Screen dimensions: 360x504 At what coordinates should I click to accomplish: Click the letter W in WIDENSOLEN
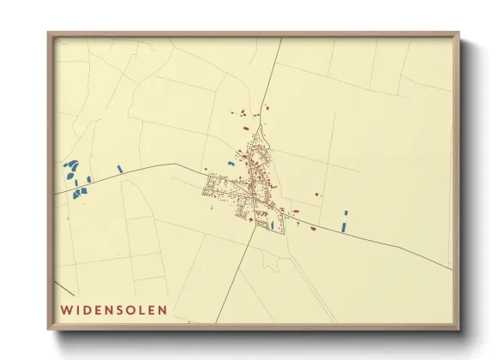pyautogui.click(x=65, y=308)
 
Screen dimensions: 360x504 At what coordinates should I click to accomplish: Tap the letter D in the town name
pyautogui.click(x=90, y=308)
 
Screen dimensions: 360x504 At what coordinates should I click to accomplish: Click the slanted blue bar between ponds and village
pyautogui.click(x=120, y=169)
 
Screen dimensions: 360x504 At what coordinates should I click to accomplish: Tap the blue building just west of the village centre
pyautogui.click(x=230, y=163)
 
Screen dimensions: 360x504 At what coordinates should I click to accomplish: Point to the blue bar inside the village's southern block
pyautogui.click(x=273, y=225)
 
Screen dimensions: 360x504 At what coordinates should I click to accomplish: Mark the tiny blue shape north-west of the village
pyautogui.click(x=232, y=112)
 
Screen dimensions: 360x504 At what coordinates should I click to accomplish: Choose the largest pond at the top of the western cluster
pyautogui.click(x=71, y=164)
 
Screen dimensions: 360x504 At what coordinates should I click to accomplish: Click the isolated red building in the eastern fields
pyautogui.click(x=318, y=195)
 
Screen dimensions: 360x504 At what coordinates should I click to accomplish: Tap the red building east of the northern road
pyautogui.click(x=267, y=108)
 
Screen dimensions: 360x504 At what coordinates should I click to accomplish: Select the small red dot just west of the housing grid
pyautogui.click(x=205, y=169)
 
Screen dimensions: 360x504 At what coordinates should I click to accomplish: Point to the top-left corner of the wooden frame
pyautogui.click(x=49, y=34)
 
